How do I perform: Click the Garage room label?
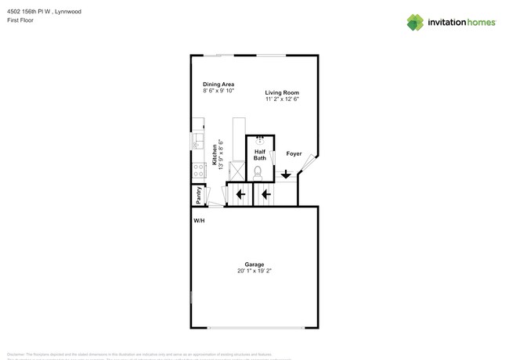pyautogui.click(x=254, y=265)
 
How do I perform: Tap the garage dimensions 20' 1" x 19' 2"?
pyautogui.click(x=254, y=271)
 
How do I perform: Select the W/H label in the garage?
pyautogui.click(x=200, y=221)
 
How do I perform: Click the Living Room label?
pyautogui.click(x=282, y=92)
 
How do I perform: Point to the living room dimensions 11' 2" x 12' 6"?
pyautogui.click(x=282, y=99)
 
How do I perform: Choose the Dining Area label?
pyautogui.click(x=218, y=84)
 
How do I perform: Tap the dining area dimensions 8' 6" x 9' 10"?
pyautogui.click(x=218, y=91)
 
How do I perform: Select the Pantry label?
pyautogui.click(x=199, y=195)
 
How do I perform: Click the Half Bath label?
pyautogui.click(x=259, y=155)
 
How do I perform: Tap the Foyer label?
pyautogui.click(x=294, y=153)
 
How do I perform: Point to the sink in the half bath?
pyautogui.click(x=259, y=139)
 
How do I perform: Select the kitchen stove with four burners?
pyautogui.click(x=198, y=170)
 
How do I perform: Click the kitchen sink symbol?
pyautogui.click(x=197, y=142)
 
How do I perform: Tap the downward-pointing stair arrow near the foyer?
pyautogui.click(x=286, y=175)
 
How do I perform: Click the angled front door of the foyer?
pyautogui.click(x=309, y=162)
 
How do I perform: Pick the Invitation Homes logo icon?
pyautogui.click(x=415, y=22)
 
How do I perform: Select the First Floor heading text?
pyautogui.click(x=20, y=20)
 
